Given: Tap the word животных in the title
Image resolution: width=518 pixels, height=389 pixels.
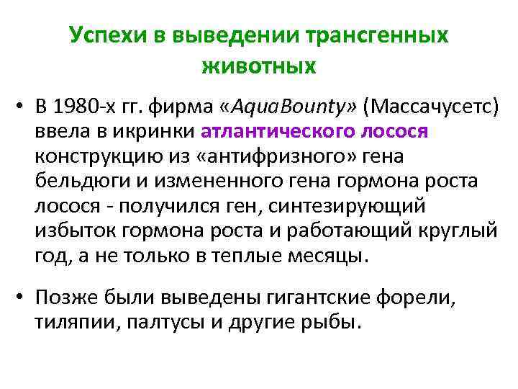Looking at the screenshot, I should [259, 67].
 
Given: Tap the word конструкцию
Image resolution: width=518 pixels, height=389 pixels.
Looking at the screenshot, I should [93, 157].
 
